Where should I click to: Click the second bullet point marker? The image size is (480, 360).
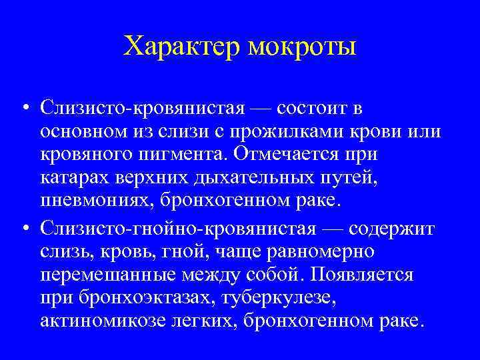(x=24, y=229)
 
